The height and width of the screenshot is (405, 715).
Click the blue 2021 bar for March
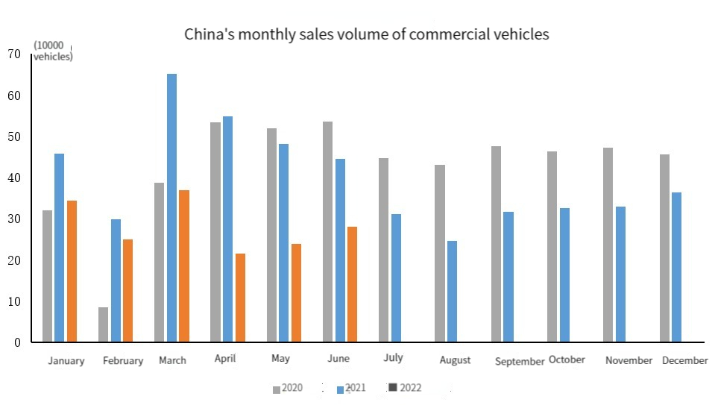171,208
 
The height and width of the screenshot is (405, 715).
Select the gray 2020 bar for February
103,324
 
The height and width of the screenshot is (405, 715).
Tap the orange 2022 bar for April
240,298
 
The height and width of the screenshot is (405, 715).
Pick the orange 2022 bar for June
353,284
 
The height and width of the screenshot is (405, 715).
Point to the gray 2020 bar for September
497,244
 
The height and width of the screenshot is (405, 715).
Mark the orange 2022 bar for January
72,271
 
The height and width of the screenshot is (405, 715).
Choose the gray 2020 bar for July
384,250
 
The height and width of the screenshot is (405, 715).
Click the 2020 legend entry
287,388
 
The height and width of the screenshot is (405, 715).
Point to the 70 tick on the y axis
14,54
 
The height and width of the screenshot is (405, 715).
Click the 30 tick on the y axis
14,219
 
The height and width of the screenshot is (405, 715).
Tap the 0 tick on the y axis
16,342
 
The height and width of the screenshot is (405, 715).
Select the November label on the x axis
629,360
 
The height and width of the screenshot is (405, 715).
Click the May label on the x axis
281,359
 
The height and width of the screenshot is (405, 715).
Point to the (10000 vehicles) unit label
53,51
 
